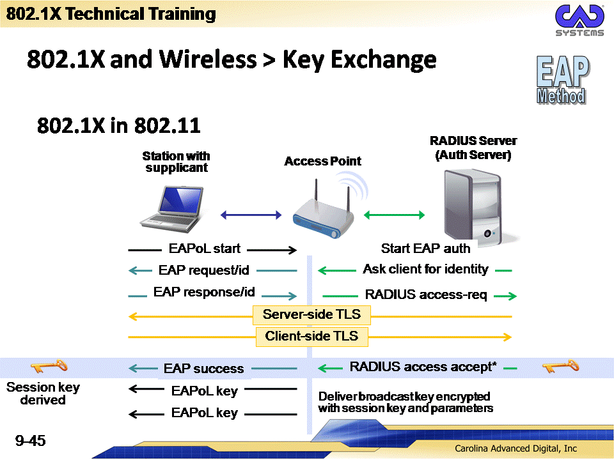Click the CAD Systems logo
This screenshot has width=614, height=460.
(579, 20)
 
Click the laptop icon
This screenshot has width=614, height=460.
(172, 209)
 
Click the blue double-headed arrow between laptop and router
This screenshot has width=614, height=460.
(251, 215)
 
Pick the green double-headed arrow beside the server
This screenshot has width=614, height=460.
(395, 215)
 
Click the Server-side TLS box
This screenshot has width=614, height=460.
(311, 315)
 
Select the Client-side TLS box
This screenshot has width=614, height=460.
(311, 337)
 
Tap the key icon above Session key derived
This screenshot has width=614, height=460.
(49, 366)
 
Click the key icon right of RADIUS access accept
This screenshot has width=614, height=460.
(561, 366)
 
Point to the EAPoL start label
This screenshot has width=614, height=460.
(205, 249)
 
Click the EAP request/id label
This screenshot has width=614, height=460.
(203, 270)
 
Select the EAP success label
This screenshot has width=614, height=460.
(203, 369)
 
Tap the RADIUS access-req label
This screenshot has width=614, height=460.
(426, 295)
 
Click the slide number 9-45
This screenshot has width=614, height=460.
(31, 441)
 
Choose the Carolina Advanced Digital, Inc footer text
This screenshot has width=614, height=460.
(516, 448)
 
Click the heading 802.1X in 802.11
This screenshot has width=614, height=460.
(119, 126)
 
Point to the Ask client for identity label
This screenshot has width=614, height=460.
(426, 269)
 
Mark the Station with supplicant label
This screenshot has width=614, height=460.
(177, 162)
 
